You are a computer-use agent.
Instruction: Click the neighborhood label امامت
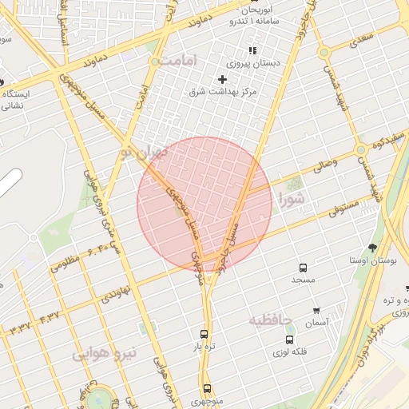pos(172,62)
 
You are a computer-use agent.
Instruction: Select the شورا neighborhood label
pos(290,198)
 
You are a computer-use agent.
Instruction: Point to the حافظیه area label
pos(272,320)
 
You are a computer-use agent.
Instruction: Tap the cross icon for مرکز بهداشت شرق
pos(222,79)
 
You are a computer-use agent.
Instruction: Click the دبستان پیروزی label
pos(254,62)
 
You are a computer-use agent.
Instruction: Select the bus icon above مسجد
pos(303,268)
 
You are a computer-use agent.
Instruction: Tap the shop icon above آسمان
pos(316,311)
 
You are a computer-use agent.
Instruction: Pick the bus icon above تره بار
pos(204,335)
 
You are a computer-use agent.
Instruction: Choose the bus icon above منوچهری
pos(207,388)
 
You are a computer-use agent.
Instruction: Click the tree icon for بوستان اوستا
pos(373,247)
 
